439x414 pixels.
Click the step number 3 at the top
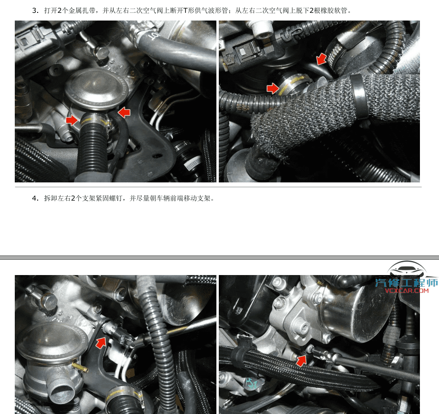[x=34, y=10]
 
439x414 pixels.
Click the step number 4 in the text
[x=34, y=198]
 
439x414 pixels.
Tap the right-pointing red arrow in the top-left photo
[x=72, y=119]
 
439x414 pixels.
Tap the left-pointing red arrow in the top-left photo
[x=124, y=112]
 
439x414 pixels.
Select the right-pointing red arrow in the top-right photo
[x=273, y=88]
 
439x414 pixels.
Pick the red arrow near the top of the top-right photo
[x=322, y=59]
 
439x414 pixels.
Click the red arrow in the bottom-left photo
[x=101, y=342]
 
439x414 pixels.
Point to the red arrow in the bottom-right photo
[x=301, y=360]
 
